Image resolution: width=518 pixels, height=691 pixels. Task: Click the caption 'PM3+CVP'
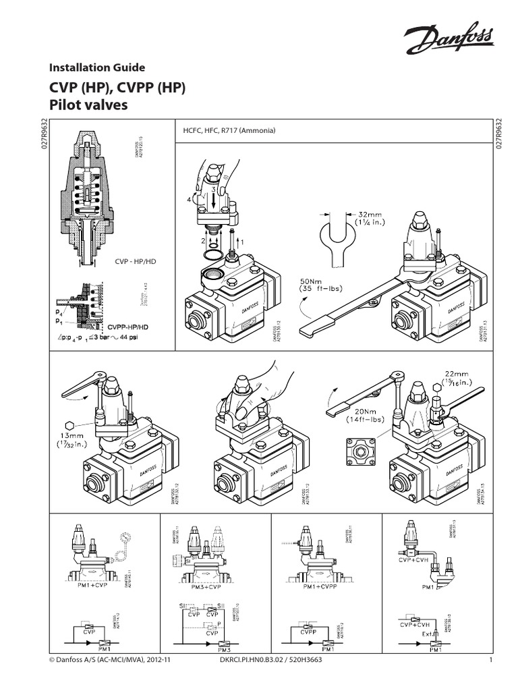point(204,588)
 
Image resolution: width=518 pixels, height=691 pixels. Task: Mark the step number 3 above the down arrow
point(213,191)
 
